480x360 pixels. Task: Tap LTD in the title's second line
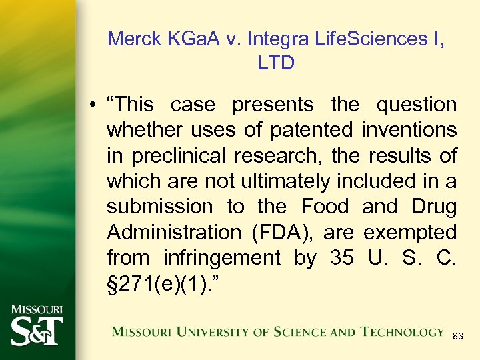pos(276,63)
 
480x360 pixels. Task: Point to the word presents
pos(272,105)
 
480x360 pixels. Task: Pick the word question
pos(417,105)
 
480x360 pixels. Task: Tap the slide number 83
pos(458,336)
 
